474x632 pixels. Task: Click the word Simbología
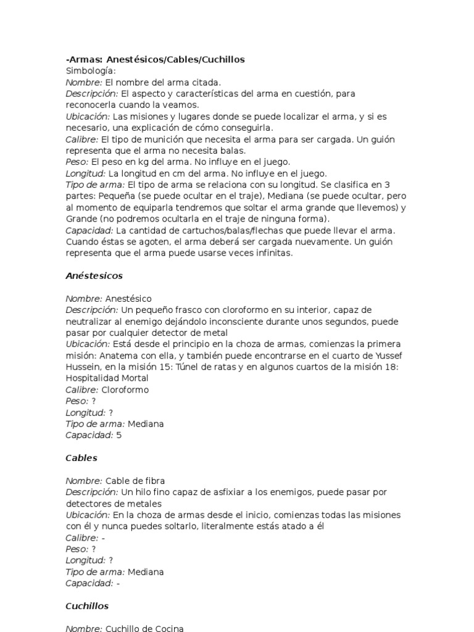pyautogui.click(x=91, y=71)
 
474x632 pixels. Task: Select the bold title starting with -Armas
pyautogui.click(x=155, y=59)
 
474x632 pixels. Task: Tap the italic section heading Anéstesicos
pyautogui.click(x=94, y=275)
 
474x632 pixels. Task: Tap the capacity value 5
pyautogui.click(x=119, y=435)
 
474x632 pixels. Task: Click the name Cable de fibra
pyautogui.click(x=135, y=481)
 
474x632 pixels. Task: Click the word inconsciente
pyautogui.click(x=238, y=322)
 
